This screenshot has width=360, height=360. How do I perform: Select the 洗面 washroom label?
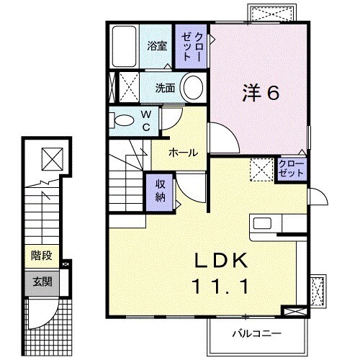166,89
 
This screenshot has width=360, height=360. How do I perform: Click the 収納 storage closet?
161,192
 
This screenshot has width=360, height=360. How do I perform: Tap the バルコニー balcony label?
256,334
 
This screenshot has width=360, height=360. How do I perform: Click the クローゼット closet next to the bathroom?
193,45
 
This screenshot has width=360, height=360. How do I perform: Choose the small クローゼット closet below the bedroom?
292,170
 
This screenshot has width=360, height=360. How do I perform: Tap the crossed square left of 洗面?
128,88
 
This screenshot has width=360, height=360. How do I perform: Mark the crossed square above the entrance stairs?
51,157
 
